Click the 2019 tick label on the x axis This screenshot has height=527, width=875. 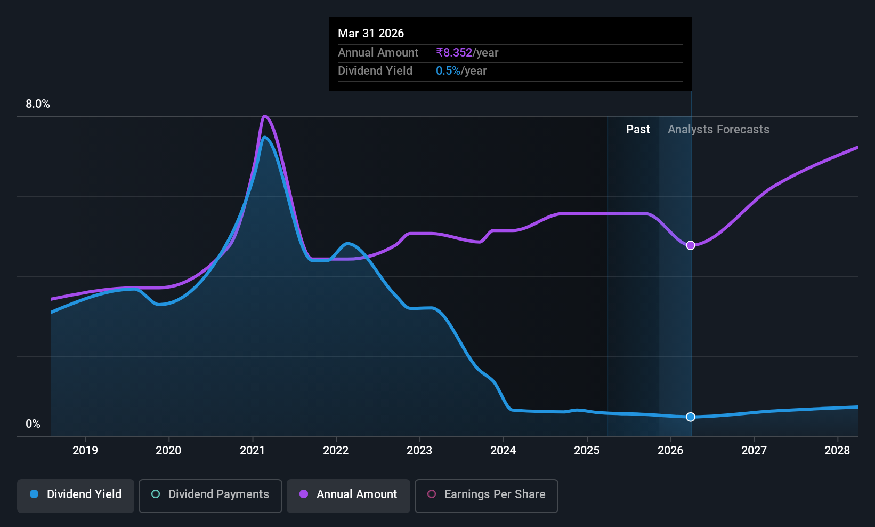[x=85, y=450]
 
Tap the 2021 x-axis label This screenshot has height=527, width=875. [x=253, y=450]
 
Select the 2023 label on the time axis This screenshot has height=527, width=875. [x=419, y=450]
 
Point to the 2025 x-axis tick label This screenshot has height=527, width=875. [x=587, y=450]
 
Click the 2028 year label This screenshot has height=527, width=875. [x=837, y=450]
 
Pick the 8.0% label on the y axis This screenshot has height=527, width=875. [x=38, y=104]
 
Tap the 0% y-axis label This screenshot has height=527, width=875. [x=33, y=424]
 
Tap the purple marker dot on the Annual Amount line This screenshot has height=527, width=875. [x=691, y=245]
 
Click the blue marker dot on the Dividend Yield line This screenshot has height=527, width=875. [x=691, y=417]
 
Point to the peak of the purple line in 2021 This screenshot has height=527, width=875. [x=265, y=116]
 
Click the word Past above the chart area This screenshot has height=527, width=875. [x=638, y=130]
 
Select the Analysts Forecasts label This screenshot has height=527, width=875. [x=718, y=130]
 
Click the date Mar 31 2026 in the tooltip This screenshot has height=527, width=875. [x=371, y=33]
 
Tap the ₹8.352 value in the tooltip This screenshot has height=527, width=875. [x=454, y=52]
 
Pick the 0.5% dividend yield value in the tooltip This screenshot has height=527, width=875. [x=448, y=71]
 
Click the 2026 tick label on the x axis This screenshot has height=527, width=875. [x=670, y=450]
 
